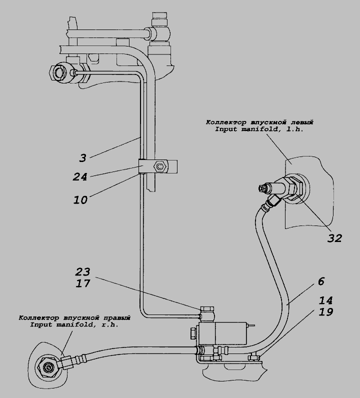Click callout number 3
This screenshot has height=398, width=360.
click(83, 158)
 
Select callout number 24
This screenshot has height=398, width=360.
click(80, 176)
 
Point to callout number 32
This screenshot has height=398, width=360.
click(334, 238)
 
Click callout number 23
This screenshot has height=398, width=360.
click(82, 272)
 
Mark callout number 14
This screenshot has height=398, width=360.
click(325, 300)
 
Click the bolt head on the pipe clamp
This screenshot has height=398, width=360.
click(160, 166)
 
